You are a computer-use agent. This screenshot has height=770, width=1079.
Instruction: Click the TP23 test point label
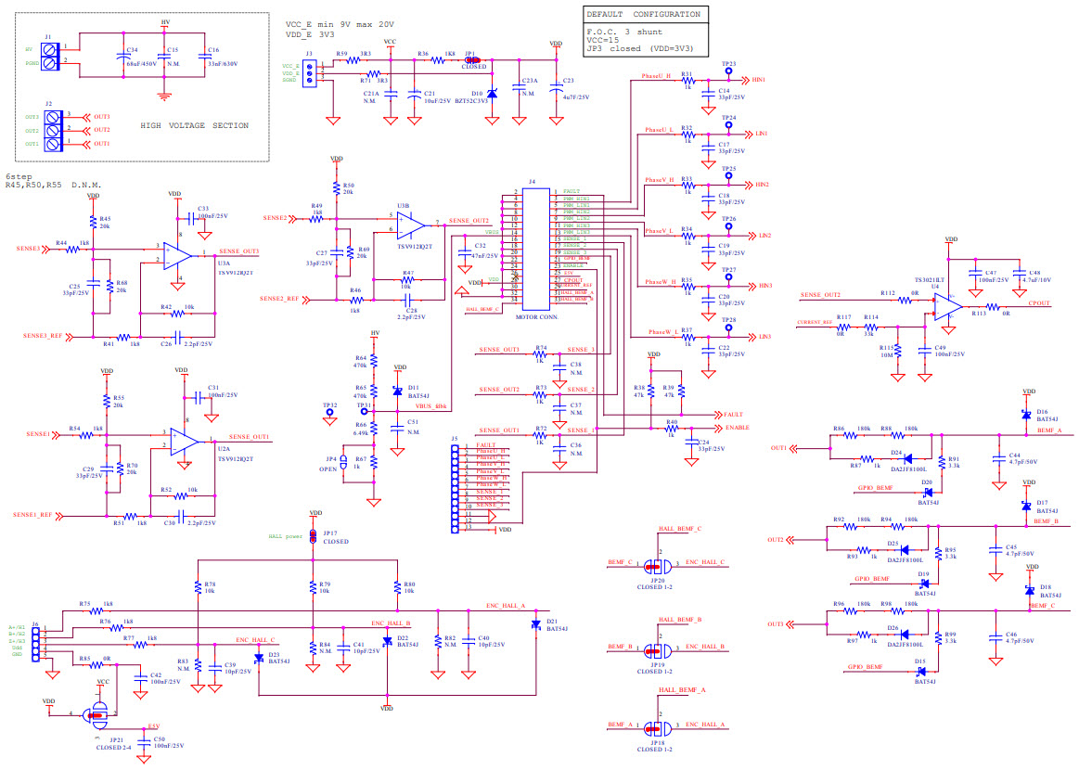[728, 64]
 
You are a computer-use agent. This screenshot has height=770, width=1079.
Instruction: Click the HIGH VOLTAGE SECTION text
[194, 125]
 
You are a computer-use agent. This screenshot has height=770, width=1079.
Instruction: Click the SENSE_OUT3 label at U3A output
[238, 251]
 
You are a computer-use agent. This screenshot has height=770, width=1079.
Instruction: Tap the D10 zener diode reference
[477, 94]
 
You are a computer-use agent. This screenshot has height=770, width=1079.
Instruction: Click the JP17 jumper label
[329, 533]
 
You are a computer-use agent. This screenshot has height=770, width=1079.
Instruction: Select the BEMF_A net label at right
[1049, 431]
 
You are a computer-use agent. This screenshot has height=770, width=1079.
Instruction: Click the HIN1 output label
[759, 81]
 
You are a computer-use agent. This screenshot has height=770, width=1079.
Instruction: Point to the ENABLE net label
[737, 428]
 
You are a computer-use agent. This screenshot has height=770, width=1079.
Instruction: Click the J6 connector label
[35, 623]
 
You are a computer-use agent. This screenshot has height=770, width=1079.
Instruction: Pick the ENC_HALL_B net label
[391, 623]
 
